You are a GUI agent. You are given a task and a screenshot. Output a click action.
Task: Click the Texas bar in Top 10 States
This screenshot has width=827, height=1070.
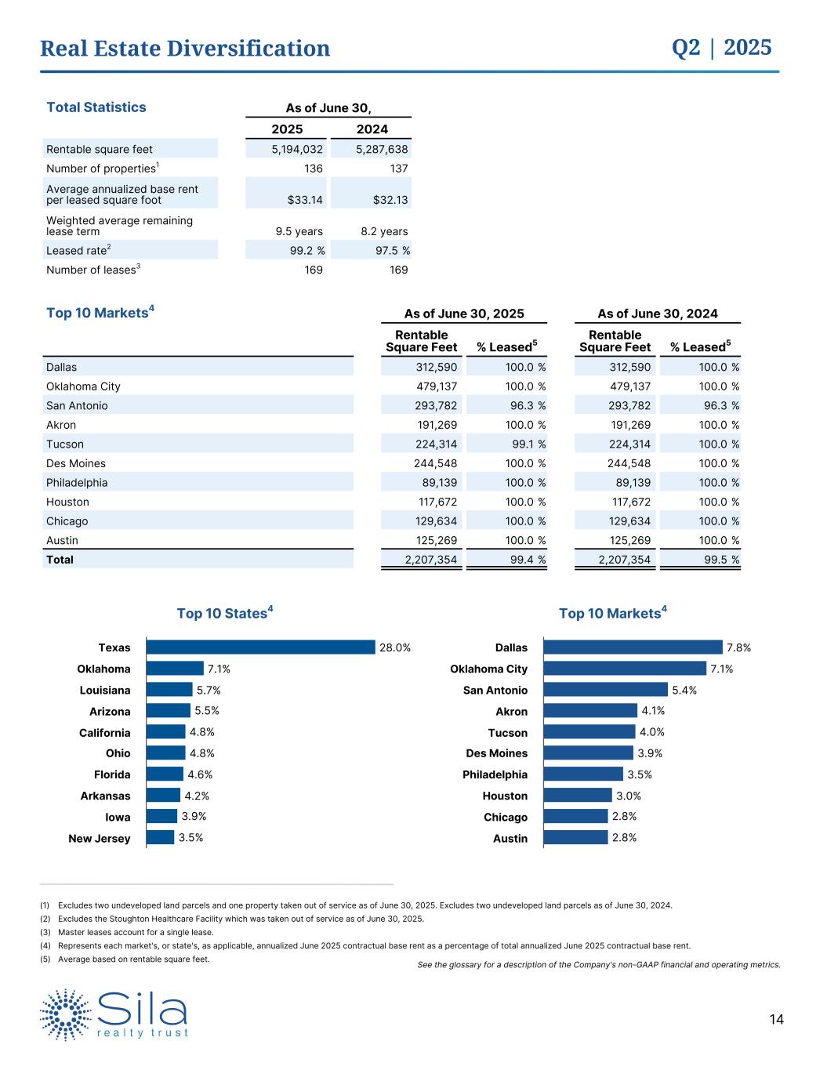coord(260,647)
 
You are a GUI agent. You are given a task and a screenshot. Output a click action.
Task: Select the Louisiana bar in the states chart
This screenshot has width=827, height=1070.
coord(169,690)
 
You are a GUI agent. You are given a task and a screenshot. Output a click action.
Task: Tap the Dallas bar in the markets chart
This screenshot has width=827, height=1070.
coord(632,647)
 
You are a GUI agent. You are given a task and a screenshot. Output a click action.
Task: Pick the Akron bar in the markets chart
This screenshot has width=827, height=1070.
coord(589,711)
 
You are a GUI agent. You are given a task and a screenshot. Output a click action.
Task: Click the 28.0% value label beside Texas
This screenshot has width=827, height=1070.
coord(395,647)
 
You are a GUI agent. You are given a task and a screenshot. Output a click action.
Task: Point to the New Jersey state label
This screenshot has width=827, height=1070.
coord(100,839)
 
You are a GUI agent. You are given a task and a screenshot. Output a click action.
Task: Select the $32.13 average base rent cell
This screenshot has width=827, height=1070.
coord(390,200)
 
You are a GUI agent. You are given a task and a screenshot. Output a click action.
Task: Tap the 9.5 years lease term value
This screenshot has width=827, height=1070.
coord(299,231)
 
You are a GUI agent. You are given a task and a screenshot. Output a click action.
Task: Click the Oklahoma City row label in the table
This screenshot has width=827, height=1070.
coord(83,386)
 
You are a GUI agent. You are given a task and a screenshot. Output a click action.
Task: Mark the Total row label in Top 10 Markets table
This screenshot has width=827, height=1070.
coord(60,560)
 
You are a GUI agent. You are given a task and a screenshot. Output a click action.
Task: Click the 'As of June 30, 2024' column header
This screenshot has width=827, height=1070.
coord(657,314)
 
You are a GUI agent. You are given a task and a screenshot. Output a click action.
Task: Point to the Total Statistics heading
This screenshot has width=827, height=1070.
coord(96,107)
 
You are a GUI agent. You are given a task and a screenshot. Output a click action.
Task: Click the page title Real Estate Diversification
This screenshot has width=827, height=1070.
coord(185,49)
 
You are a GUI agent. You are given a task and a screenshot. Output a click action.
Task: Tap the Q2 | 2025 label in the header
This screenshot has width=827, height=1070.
coord(721,48)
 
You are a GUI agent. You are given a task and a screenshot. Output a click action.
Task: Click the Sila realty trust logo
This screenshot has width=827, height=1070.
coord(114,1014)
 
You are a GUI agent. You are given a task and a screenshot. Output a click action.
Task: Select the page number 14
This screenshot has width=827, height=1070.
coord(776,1020)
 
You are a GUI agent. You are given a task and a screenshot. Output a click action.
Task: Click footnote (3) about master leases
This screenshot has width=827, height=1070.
coord(135,932)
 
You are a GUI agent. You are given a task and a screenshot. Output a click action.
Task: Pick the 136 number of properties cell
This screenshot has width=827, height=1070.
coord(314,169)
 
